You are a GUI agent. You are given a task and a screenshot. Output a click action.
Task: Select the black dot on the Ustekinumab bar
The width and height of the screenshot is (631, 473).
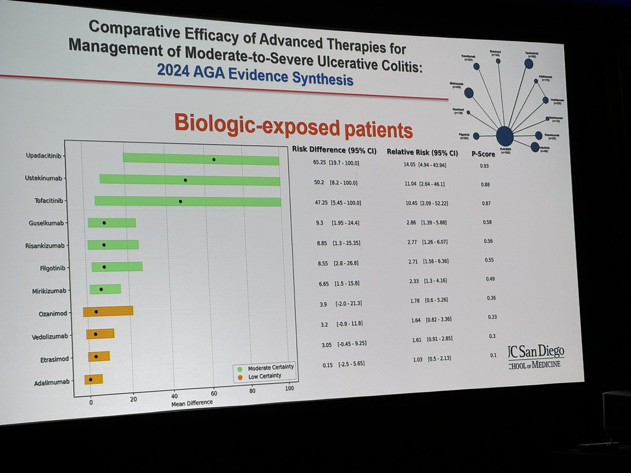185,180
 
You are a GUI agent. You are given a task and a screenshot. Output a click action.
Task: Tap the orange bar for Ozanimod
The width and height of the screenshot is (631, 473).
108,311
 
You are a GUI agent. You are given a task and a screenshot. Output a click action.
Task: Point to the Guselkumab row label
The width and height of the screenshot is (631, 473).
47,223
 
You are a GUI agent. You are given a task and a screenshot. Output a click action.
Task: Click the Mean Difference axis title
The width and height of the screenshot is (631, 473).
192,403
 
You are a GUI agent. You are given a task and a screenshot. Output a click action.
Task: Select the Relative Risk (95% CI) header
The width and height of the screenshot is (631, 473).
422,152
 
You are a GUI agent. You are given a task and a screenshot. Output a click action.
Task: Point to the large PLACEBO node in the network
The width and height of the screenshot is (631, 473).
504,136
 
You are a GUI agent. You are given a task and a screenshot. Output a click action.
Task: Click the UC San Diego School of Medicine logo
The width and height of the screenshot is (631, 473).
536,357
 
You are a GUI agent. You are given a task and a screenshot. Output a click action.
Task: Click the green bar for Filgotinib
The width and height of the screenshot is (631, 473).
117,266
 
